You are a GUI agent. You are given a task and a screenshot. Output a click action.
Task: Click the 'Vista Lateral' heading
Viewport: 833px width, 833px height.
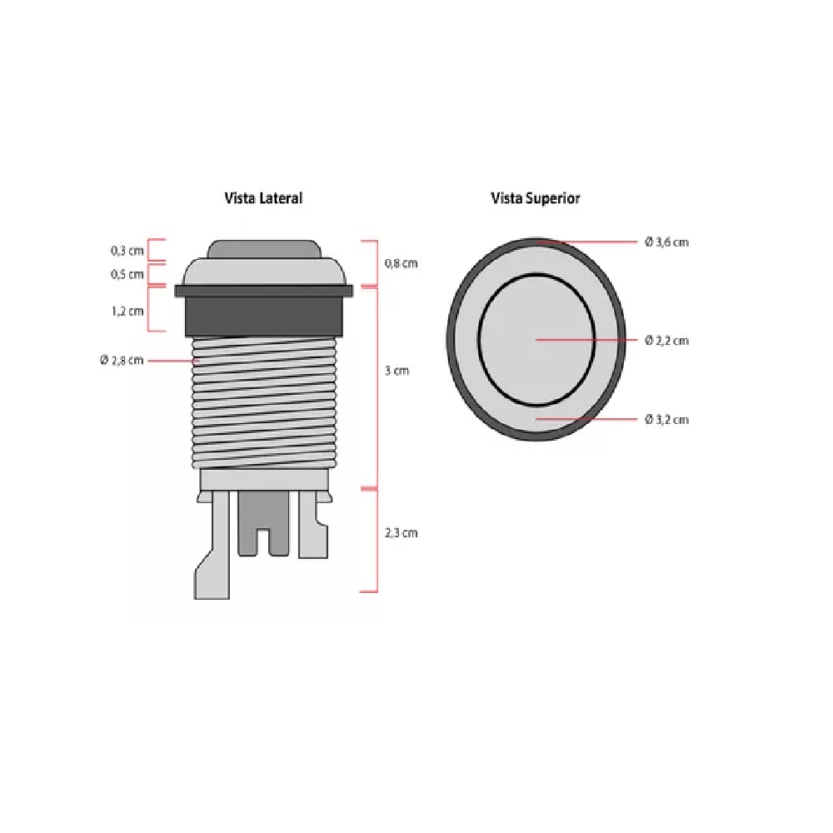[263, 198]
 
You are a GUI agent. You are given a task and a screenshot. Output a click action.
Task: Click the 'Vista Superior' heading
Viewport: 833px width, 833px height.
[535, 198]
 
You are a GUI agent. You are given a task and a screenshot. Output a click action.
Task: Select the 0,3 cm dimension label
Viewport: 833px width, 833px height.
[127, 251]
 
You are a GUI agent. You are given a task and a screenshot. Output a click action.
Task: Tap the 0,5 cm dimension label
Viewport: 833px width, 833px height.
[127, 275]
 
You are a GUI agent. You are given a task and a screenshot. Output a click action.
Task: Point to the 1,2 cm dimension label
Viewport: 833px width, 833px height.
[127, 312]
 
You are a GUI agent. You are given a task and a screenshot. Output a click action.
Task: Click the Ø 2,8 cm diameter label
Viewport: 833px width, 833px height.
[122, 360]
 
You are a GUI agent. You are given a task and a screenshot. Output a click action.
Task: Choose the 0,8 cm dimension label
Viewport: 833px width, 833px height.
[402, 263]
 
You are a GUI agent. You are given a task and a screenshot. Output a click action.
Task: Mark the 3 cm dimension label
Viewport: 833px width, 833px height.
[397, 371]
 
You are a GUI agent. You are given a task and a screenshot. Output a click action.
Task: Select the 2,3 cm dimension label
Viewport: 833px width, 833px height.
[402, 533]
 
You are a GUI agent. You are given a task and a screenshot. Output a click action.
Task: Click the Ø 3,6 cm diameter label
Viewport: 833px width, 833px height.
[666, 242]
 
